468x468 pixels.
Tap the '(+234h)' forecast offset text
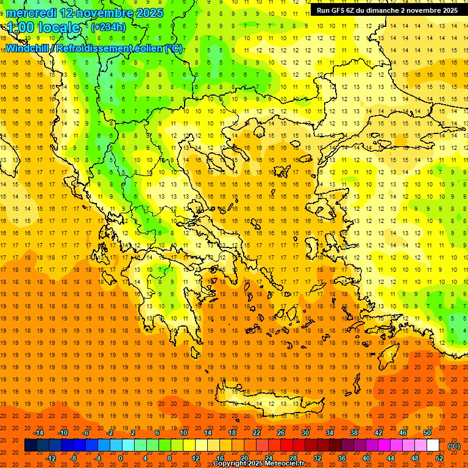[x=108, y=27]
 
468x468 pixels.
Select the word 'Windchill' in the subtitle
[x=28, y=48]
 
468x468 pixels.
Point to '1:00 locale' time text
[x=43, y=27]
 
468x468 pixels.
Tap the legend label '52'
[x=439, y=458]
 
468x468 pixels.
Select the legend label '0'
[x=121, y=458]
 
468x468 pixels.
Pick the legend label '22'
[x=257, y=433]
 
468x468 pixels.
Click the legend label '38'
[x=354, y=433]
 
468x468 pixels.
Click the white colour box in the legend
[x=433, y=445]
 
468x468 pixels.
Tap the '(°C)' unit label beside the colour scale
[x=454, y=446]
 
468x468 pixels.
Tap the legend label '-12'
[x=51, y=458]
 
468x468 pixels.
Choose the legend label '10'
[x=183, y=433]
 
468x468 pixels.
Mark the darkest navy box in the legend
[x=30, y=445]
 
